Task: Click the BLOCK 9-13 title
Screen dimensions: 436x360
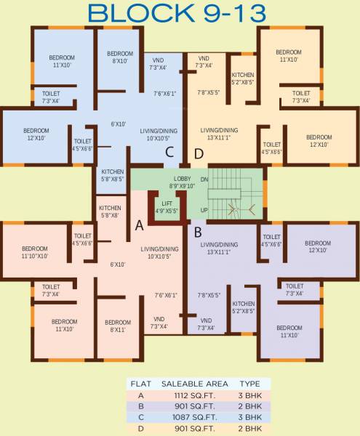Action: click(x=179, y=13)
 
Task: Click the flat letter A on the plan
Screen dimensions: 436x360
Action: click(x=139, y=225)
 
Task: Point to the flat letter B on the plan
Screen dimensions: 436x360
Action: click(x=197, y=233)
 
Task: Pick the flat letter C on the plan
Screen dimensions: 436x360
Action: click(x=169, y=153)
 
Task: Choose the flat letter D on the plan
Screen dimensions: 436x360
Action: click(x=199, y=153)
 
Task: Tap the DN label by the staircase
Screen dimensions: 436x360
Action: click(x=204, y=179)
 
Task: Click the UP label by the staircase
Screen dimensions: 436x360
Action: click(x=204, y=209)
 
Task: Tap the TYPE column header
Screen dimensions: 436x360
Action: click(x=249, y=383)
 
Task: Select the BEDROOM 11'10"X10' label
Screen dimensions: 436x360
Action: click(x=34, y=252)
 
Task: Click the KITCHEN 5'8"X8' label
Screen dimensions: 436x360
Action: click(x=110, y=211)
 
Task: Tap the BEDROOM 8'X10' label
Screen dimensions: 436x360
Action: click(x=120, y=57)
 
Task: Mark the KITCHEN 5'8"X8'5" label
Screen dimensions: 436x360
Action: click(x=112, y=175)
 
